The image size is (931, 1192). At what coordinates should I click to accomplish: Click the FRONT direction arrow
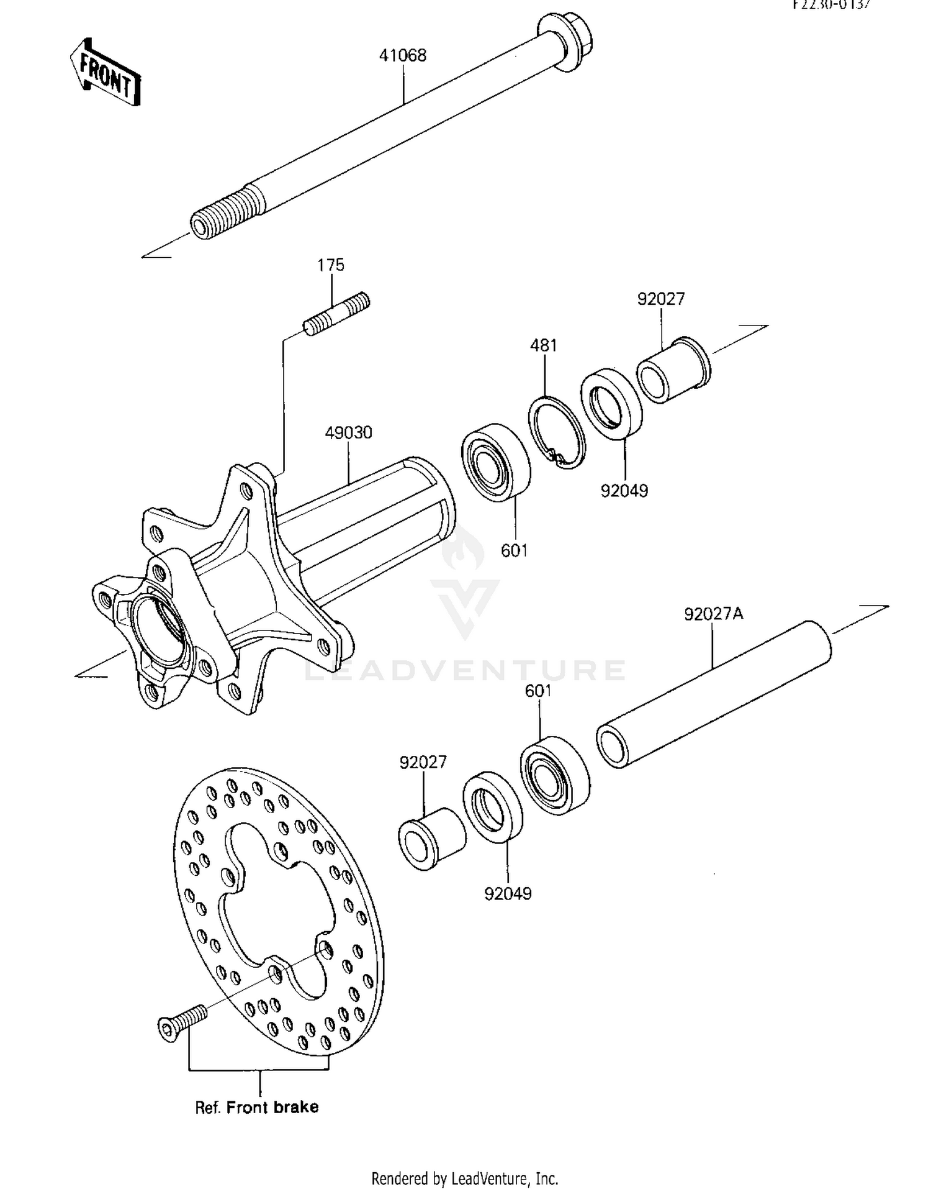click(x=105, y=73)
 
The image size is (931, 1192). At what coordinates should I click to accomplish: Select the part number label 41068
click(x=403, y=56)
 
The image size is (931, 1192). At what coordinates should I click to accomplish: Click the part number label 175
click(x=331, y=265)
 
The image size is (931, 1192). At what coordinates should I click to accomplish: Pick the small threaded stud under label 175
click(x=336, y=314)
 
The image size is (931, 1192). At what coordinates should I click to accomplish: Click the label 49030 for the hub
click(x=348, y=433)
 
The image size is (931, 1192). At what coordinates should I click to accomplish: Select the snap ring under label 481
click(x=557, y=432)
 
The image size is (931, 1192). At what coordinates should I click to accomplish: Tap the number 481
click(x=543, y=345)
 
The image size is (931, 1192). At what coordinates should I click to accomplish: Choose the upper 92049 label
click(x=624, y=491)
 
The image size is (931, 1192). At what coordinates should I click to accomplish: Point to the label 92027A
click(x=713, y=614)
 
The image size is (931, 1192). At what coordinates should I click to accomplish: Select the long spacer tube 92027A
click(x=714, y=694)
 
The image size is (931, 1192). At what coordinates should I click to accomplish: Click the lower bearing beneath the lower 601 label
click(x=555, y=775)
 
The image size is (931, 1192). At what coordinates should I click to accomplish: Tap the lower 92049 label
click(x=508, y=894)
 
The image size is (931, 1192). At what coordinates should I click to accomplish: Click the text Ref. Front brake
click(x=256, y=1107)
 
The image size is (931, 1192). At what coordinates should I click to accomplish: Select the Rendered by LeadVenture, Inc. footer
click(x=464, y=1178)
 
